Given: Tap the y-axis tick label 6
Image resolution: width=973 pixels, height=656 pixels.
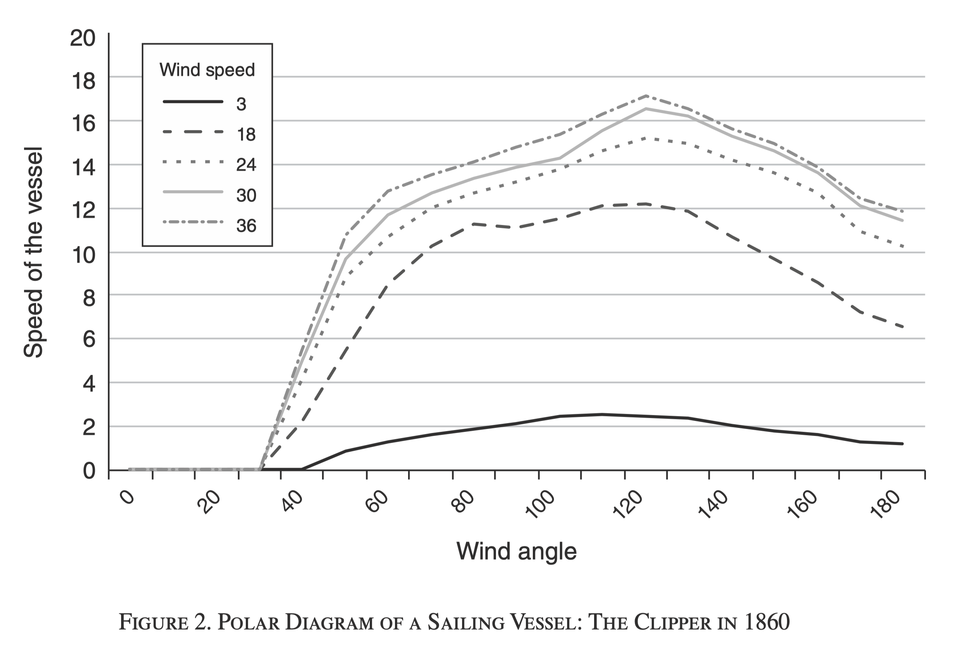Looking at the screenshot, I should pos(89,339).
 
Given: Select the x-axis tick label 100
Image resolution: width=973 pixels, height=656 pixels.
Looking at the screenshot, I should pos(540,505).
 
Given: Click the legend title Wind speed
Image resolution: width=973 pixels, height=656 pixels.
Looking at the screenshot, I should pos(207,70).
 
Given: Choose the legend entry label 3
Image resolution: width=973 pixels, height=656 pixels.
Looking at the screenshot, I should pos(241,104).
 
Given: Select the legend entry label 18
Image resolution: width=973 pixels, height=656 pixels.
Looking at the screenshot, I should pos(246,135).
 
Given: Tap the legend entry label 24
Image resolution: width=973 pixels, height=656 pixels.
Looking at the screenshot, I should pos(246,165).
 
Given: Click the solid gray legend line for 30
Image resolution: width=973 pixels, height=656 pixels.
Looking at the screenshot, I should pos(193,192).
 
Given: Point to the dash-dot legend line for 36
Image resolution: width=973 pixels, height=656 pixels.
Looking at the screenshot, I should pos(193,222).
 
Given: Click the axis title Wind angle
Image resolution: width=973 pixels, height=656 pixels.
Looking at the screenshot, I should pos(516,551).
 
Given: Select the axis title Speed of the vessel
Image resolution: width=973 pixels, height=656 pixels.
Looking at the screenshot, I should pos(33,252).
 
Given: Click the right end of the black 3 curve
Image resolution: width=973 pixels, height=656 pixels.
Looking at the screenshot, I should pos(902,443).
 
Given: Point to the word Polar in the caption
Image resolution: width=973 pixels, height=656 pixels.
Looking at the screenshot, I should pos(249,622).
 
